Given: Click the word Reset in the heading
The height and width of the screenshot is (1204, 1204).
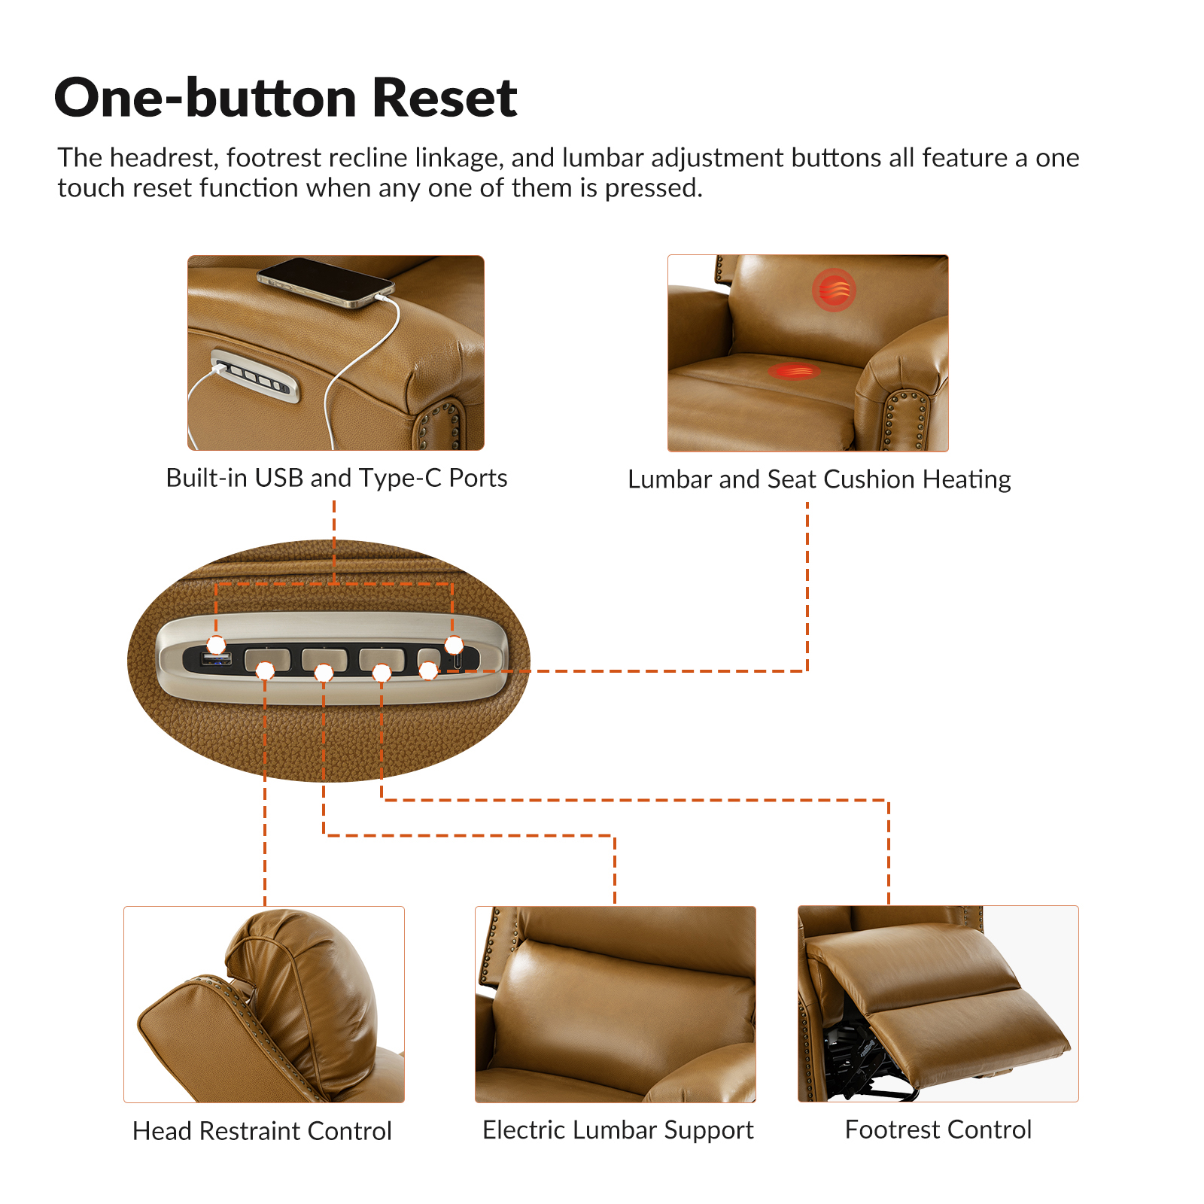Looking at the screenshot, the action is pos(445,98).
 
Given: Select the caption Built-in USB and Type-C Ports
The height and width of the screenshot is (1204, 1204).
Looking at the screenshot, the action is pos(336,479).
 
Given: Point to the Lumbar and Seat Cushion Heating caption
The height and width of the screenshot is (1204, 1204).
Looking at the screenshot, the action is pos(819,479).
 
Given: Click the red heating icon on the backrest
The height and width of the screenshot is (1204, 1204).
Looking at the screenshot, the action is pos(834,290).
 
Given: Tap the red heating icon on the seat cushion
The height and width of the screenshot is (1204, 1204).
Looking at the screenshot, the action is pos(794,370).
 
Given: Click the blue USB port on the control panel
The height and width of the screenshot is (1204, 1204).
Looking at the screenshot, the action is pos(216,660).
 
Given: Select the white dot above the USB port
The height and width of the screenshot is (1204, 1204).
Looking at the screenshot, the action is pos(216,645).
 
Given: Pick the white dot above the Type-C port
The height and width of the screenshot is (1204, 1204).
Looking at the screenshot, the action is pos(454,645).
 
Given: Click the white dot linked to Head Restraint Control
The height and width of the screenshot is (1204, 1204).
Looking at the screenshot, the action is pos(265,670).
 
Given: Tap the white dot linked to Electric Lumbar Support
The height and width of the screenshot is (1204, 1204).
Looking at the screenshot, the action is pos(324,673).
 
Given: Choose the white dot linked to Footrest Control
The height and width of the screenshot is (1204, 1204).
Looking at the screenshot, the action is pos(382,673).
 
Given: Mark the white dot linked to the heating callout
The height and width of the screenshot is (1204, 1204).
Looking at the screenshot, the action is pos(428,670).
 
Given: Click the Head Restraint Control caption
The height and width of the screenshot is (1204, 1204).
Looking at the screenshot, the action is pos(262,1131).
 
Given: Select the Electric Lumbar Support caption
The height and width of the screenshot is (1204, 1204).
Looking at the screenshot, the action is pos(618,1130).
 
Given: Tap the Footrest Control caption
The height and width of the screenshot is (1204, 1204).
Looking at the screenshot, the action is pos(938,1130).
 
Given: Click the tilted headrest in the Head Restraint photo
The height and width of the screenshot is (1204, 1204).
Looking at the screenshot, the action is pos(301,993).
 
